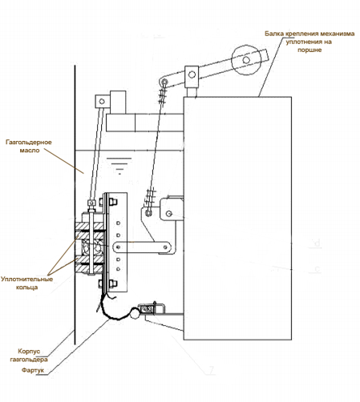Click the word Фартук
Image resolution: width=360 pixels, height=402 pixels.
tap(33, 370)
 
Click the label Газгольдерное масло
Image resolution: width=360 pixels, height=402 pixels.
tap(29, 146)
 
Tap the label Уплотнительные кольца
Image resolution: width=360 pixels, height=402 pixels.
tap(26, 283)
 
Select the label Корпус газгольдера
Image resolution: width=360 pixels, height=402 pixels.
tap(29, 356)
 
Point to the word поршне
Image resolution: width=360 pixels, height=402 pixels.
tap(309, 50)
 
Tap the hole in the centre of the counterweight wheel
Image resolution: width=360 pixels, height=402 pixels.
tap(246, 60)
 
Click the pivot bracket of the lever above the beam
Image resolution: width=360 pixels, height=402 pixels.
tap(192, 77)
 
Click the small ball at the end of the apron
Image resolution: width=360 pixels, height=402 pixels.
tap(134, 312)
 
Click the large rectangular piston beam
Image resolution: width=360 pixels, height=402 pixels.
tap(237, 218)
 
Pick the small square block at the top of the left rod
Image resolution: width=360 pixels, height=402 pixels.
tap(102, 102)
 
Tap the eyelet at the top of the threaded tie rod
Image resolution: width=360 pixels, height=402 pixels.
tap(164, 82)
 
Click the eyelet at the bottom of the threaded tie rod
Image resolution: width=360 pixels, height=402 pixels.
tap(148, 213)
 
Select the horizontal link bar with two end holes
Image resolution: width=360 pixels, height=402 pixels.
tap(142, 247)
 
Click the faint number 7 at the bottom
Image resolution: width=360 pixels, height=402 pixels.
tap(212, 370)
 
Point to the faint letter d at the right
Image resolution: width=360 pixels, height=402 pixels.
tap(318, 243)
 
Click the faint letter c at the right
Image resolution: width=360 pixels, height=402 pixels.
tap(318, 269)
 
